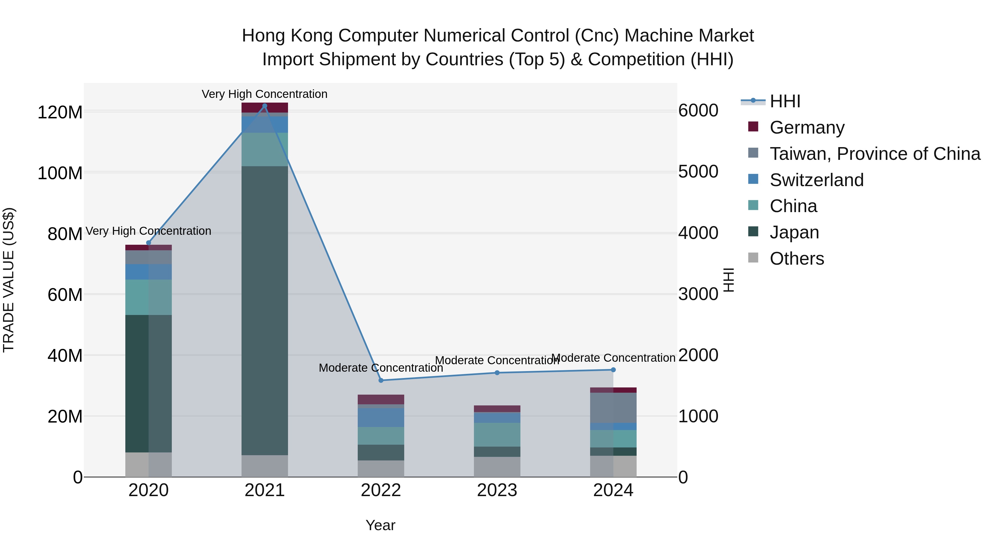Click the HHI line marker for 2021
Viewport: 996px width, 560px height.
(x=264, y=106)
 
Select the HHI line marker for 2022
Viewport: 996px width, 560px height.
(x=381, y=380)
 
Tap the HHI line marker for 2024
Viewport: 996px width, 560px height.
(x=613, y=370)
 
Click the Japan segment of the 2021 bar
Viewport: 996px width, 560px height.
(x=264, y=309)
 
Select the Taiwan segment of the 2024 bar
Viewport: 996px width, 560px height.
(x=613, y=408)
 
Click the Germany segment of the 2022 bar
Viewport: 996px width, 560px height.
(x=381, y=399)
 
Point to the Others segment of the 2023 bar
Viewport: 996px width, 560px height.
(x=497, y=467)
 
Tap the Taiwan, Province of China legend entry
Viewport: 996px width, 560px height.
(x=875, y=154)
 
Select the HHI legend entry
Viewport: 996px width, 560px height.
(x=785, y=101)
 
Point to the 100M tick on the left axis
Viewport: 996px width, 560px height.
(x=60, y=173)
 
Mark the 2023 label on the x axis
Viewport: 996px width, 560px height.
(x=497, y=490)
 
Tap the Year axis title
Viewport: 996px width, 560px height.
(x=380, y=525)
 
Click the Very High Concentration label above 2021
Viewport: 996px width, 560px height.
(x=264, y=94)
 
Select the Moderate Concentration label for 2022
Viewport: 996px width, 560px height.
(x=381, y=368)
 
